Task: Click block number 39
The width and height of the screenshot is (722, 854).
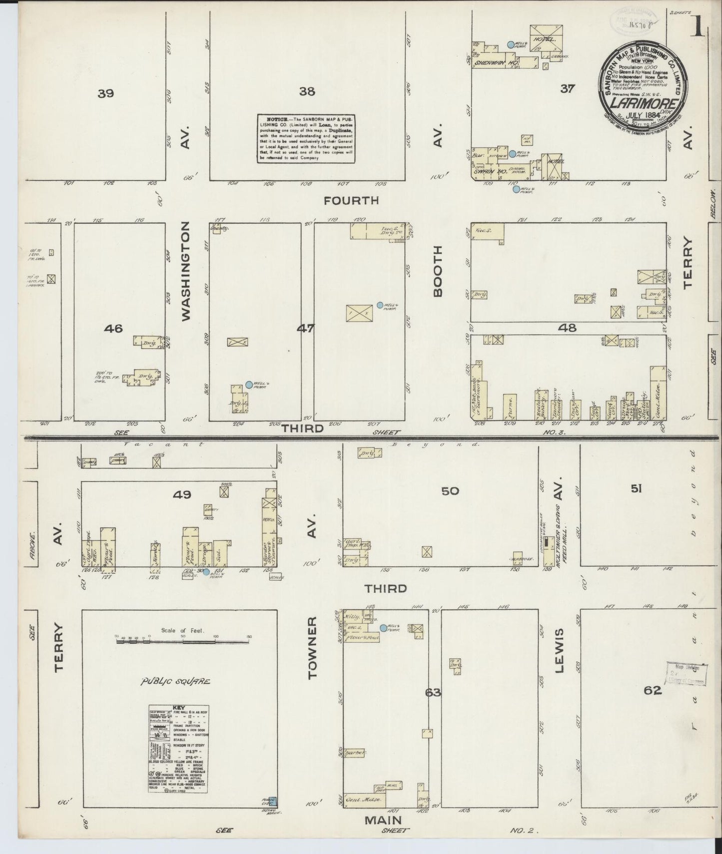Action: [x=106, y=93]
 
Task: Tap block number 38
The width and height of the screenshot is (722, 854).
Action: [x=306, y=91]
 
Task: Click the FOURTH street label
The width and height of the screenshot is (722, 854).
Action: [x=351, y=201]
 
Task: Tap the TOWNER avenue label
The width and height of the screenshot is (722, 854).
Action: [x=312, y=647]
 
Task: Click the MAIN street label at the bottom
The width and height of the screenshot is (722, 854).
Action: [x=384, y=820]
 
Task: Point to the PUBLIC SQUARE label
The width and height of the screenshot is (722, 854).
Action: [x=175, y=681]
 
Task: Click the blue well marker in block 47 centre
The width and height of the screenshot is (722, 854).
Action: [x=380, y=305]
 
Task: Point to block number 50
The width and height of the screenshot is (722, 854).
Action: [x=450, y=491]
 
